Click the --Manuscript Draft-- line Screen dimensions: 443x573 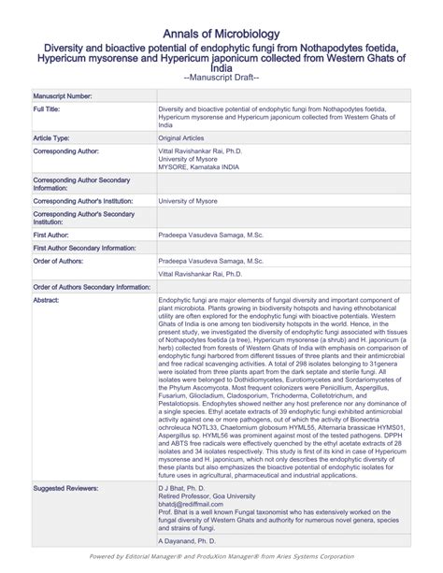[x=221, y=77]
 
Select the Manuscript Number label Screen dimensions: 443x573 [x=63, y=96]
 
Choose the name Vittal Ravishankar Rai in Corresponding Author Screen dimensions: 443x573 [x=202, y=150]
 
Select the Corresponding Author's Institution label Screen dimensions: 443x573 [x=82, y=201]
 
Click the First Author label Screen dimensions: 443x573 [x=51, y=236]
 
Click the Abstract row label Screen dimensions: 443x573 [x=46, y=300]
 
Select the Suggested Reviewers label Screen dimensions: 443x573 [x=67, y=489]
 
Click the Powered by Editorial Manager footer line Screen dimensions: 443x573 [x=221, y=556]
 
